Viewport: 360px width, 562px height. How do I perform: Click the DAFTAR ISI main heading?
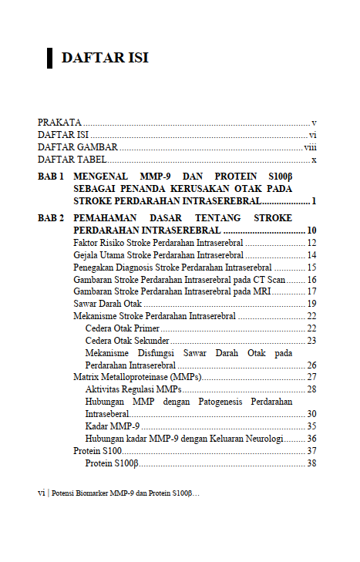[104, 58]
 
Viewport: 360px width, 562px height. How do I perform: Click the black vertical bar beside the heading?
[49, 58]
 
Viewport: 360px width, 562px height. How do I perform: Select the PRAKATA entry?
[60, 123]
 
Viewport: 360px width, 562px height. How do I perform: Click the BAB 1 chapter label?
[51, 177]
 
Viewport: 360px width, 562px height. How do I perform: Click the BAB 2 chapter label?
[51, 218]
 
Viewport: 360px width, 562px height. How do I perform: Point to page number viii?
[311, 147]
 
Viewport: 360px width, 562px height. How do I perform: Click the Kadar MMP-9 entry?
[112, 426]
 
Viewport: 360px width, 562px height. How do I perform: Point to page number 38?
[311, 463]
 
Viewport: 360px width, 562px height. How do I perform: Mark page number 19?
[311, 304]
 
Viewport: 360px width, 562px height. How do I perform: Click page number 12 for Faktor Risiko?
[311, 243]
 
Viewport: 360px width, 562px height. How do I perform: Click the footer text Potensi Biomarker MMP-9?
[123, 492]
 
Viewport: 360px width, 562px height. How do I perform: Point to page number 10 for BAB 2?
[311, 231]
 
